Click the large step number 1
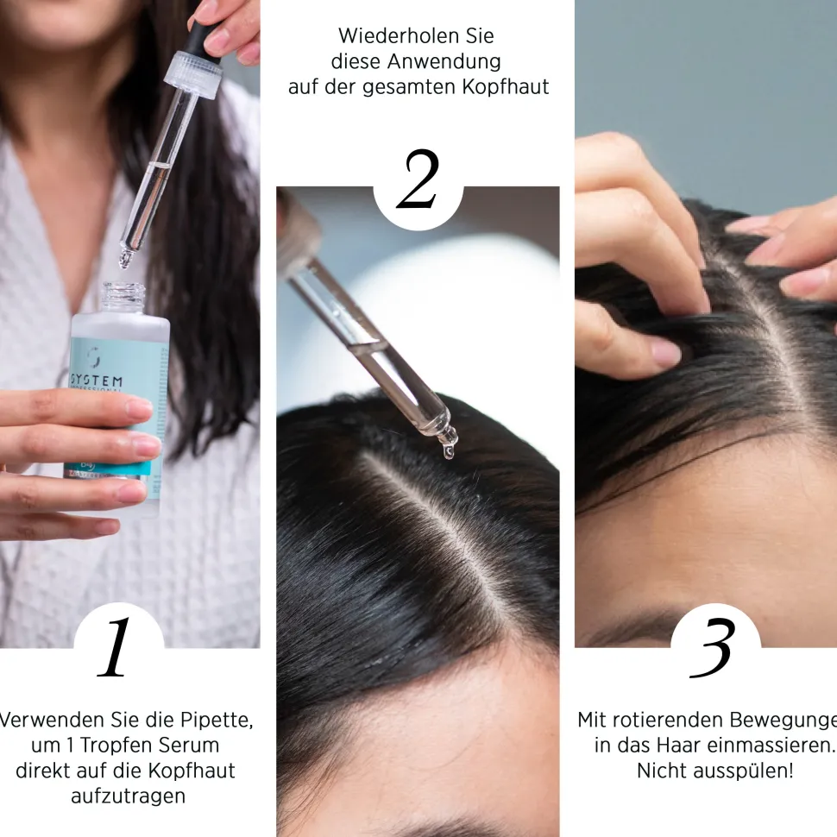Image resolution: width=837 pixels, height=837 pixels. click(116, 648)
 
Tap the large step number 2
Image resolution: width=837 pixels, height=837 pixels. click(418, 180)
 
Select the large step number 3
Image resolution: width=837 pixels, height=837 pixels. click(713, 648)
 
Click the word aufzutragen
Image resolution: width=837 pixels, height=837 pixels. click(128, 796)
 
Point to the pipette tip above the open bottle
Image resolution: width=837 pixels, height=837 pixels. click(127, 256)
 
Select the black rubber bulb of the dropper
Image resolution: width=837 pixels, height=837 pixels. click(203, 35)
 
